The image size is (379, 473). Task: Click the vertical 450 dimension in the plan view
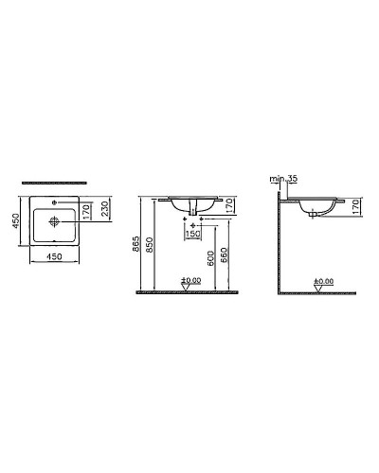coord(15,220)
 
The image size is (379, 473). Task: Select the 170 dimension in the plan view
coord(85,210)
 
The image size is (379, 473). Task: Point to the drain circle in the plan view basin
coord(54,223)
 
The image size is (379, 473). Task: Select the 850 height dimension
coord(153,248)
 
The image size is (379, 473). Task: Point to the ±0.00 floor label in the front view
coord(190,280)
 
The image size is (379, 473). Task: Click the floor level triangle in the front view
coord(190,288)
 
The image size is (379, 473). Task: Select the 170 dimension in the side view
coord(356,208)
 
